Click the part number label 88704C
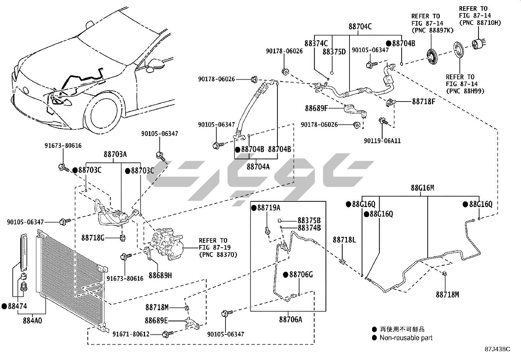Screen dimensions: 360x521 [x=360, y=27]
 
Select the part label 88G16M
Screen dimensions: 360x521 [x=422, y=188]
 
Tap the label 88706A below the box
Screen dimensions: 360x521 [x=291, y=319]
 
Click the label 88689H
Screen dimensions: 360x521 [x=160, y=275]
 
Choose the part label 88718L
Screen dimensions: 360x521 [x=344, y=240]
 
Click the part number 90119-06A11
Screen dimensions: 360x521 [x=382, y=141]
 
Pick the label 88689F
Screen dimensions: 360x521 [x=316, y=108]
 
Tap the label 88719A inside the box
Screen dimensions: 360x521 [x=268, y=208]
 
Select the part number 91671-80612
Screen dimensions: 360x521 [x=131, y=334]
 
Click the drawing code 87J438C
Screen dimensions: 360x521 [x=497, y=349]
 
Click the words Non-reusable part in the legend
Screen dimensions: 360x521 [x=406, y=338]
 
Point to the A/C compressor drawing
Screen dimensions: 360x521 [x=167, y=244]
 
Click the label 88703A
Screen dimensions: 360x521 [x=115, y=154]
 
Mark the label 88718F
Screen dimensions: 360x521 [x=423, y=101]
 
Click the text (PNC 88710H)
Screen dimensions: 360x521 [x=480, y=23]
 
